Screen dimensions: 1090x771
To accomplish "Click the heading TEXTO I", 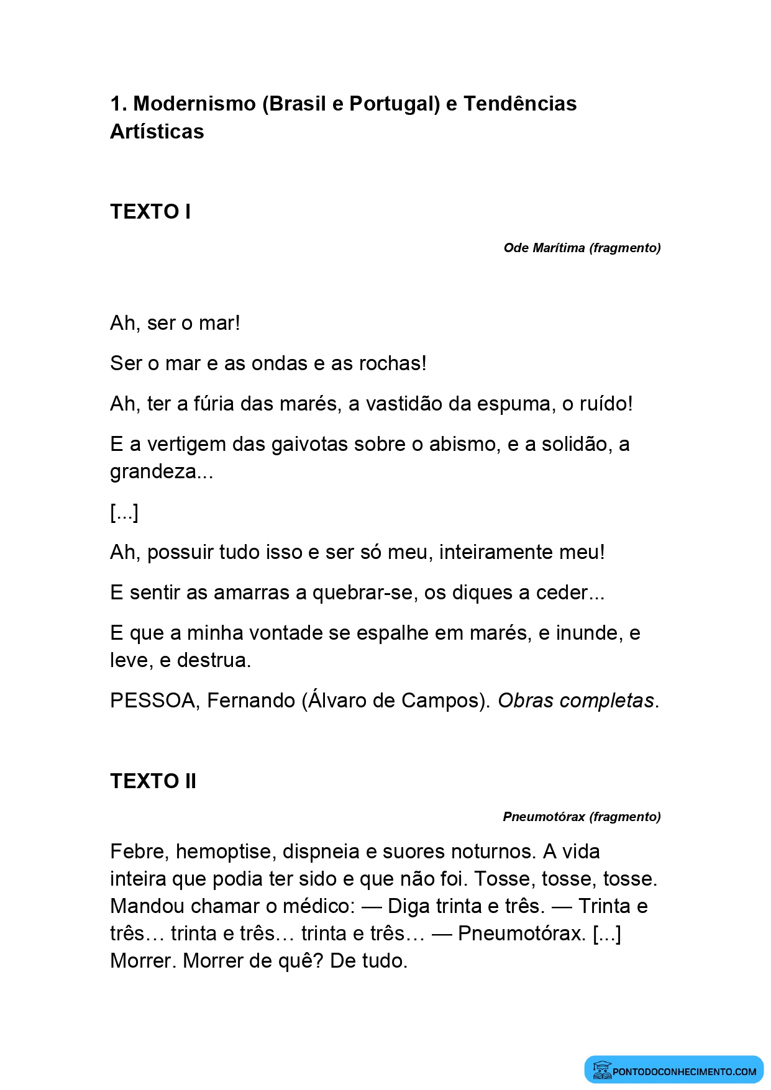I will point(150,212).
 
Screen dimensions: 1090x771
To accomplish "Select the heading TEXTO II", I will point(153,781).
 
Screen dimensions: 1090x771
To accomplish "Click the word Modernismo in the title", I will point(194,104).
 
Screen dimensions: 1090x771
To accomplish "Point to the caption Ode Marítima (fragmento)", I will point(582,248).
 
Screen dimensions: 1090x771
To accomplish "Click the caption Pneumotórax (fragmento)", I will point(582,817).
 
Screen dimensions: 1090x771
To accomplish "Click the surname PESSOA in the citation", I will point(153,701).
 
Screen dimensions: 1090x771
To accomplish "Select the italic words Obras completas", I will point(576,701).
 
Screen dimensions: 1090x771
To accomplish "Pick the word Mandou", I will point(147,906).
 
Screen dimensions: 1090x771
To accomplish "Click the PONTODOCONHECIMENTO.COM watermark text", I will point(684,1071).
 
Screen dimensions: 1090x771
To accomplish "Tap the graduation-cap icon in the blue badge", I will point(601,1070).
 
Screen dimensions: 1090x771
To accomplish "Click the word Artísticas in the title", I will point(157,132).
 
